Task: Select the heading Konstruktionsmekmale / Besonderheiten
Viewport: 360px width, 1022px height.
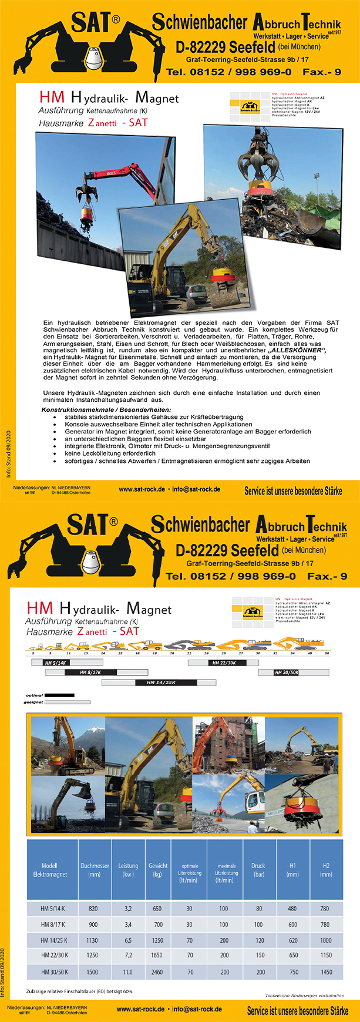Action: (106, 409)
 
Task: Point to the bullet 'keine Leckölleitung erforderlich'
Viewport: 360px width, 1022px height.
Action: (110, 453)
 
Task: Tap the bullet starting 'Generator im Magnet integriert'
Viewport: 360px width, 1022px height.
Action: (188, 432)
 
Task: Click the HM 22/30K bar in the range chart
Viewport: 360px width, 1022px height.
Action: (224, 663)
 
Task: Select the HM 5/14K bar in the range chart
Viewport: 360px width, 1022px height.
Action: (56, 663)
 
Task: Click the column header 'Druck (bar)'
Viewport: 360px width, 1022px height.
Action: (258, 870)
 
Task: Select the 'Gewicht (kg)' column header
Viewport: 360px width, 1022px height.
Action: (158, 870)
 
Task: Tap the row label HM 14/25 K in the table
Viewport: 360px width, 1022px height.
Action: (53, 940)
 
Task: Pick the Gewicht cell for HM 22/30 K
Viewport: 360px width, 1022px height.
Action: (157, 956)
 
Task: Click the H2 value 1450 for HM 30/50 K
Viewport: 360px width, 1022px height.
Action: (326, 972)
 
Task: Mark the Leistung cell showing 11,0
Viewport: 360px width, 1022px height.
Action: (128, 972)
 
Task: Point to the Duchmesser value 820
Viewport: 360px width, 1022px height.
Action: (93, 909)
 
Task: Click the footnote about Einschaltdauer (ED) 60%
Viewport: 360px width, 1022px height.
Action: (79, 991)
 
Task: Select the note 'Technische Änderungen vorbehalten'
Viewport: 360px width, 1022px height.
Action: (304, 996)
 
